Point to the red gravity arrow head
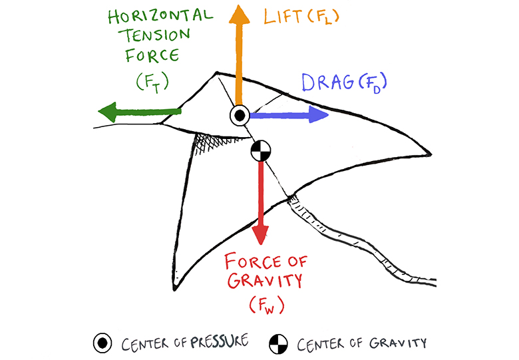point(260,235)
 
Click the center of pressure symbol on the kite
point(240,115)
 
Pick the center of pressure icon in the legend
point(103,343)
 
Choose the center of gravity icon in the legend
point(278,344)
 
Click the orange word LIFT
point(283,17)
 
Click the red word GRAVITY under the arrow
point(265,280)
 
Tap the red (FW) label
point(266,306)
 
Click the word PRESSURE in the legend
point(220,343)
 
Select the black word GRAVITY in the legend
point(399,343)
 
